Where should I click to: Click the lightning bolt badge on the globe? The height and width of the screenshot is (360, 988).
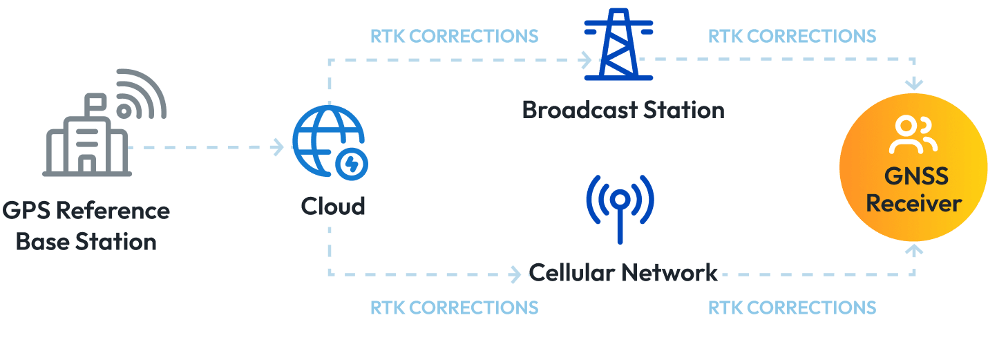tap(351, 164)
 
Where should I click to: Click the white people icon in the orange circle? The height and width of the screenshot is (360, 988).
tap(913, 135)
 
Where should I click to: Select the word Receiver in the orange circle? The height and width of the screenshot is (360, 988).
tap(913, 204)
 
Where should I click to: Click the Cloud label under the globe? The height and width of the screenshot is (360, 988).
tap(332, 206)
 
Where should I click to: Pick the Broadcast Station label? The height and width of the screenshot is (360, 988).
tap(623, 110)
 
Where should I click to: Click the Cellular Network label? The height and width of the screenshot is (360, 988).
tap(623, 272)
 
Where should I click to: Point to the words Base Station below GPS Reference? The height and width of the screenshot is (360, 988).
tap(86, 242)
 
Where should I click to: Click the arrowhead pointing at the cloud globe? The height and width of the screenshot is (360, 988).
tap(278, 147)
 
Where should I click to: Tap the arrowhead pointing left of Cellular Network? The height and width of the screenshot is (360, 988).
tap(515, 275)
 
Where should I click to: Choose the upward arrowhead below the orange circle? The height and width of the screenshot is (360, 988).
tap(915, 249)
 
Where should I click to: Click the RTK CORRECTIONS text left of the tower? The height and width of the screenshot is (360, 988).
tap(454, 35)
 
